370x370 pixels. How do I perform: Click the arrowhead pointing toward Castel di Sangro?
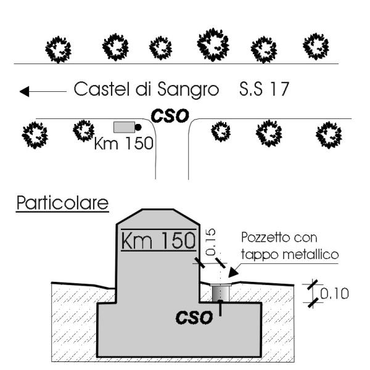click(x=24, y=92)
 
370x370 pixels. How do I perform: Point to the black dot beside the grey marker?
click(x=138, y=127)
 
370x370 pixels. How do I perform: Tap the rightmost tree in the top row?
click(x=316, y=45)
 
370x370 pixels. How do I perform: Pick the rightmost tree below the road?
click(x=327, y=134)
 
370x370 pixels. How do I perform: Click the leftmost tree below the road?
click(x=35, y=133)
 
